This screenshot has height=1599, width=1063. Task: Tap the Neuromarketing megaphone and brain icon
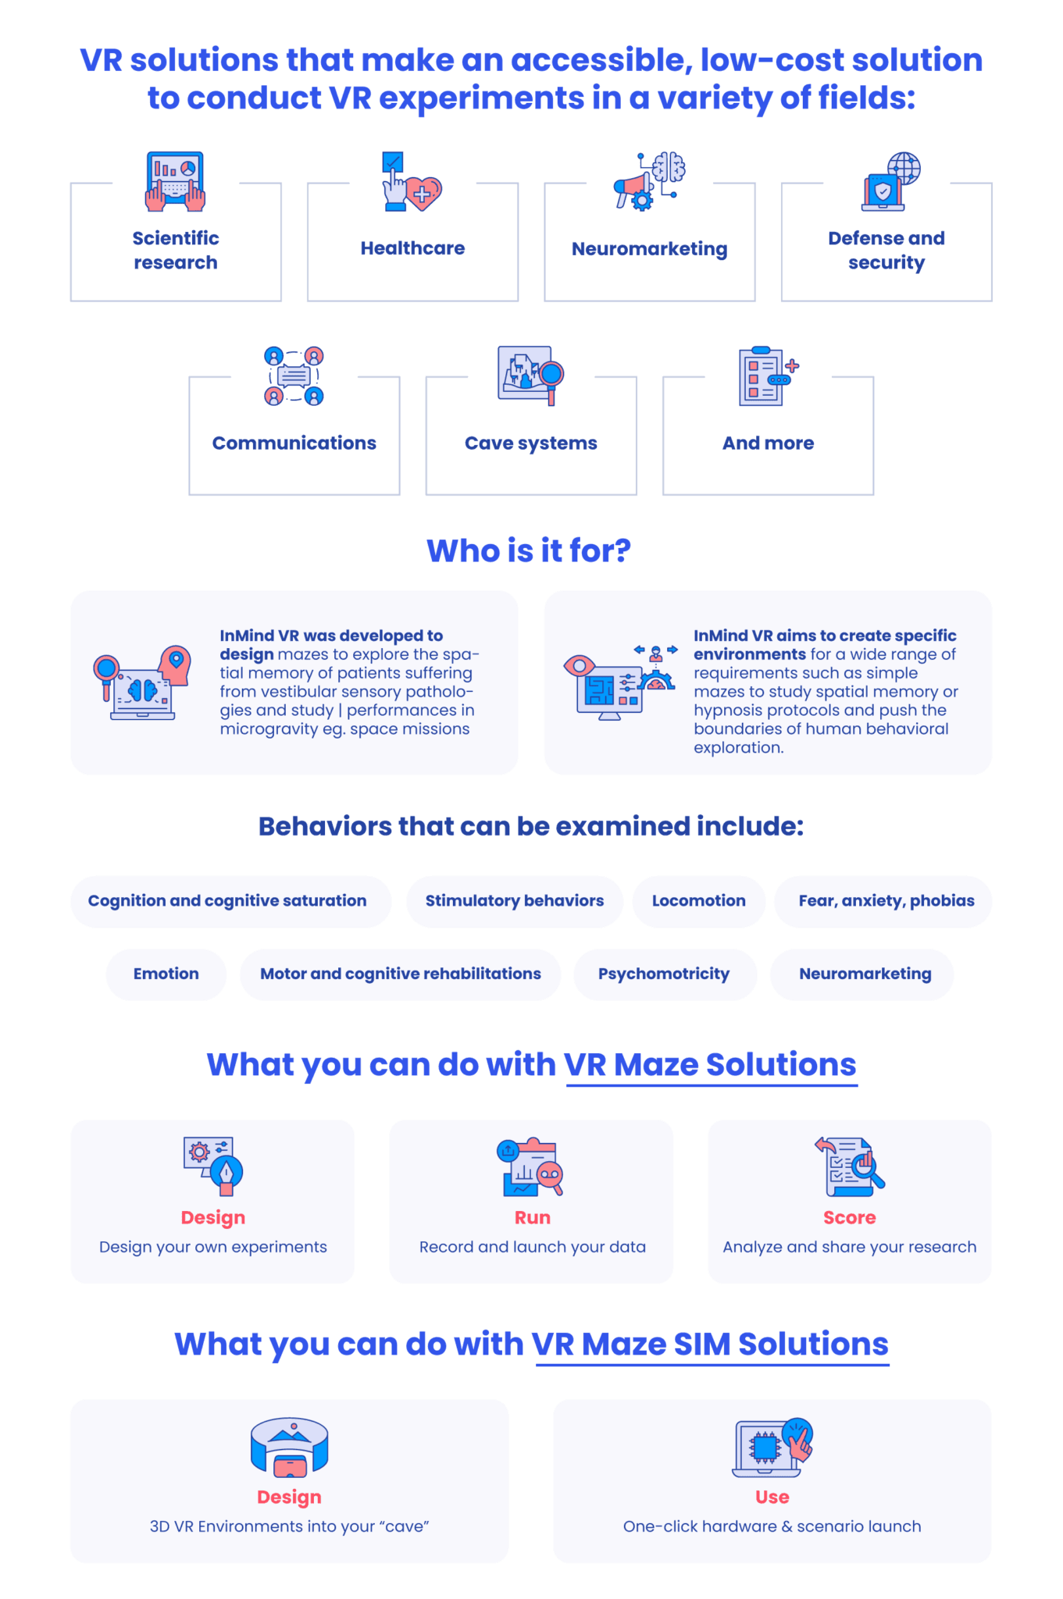[x=649, y=181]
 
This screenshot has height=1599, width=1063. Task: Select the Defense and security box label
[x=886, y=250]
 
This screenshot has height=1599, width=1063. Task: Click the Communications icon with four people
[x=294, y=376]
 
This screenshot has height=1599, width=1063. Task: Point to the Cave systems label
[x=531, y=443]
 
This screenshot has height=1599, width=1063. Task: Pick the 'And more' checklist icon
[x=769, y=376]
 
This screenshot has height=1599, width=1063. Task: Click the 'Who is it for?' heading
[x=529, y=550]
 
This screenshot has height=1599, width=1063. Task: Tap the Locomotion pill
[x=699, y=901]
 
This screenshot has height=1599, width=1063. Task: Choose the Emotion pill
[x=166, y=974]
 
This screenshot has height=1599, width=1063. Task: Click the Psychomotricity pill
[x=665, y=974]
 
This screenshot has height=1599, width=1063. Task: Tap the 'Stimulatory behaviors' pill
[x=515, y=901]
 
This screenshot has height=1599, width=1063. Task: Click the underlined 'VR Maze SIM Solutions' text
[x=711, y=1344]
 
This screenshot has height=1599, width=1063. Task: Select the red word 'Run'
[x=533, y=1217]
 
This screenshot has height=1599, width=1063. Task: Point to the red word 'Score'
[x=850, y=1217]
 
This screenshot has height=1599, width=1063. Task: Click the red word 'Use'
[x=772, y=1497]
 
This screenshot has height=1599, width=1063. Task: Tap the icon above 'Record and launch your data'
[x=530, y=1167]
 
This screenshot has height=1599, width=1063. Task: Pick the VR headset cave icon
[x=290, y=1447]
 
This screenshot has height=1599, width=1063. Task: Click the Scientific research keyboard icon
[x=176, y=181]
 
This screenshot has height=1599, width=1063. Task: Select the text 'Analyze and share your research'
[x=850, y=1247]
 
